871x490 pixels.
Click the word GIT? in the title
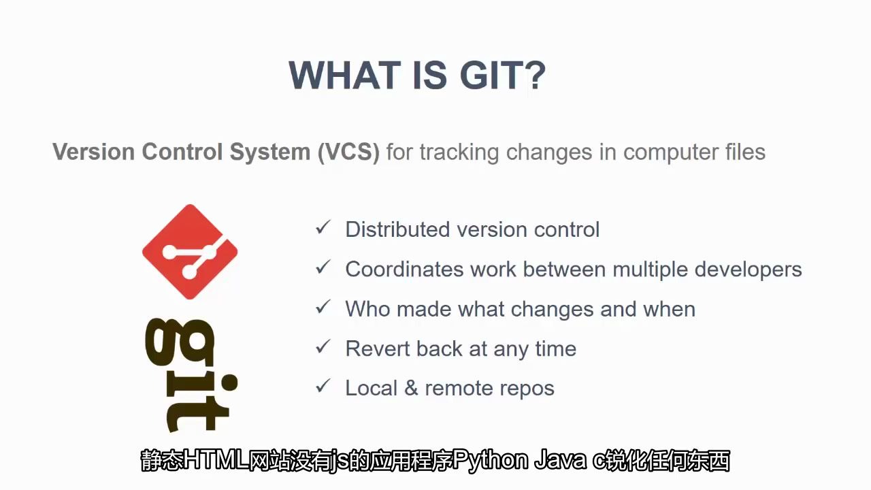[x=502, y=75]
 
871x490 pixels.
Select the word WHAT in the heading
[x=344, y=75]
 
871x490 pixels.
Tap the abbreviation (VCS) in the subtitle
[x=348, y=151]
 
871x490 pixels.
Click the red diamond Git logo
[x=190, y=252]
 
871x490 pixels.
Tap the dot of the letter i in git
[x=229, y=382]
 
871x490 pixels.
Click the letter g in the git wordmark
[x=179, y=342]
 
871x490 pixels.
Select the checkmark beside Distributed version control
[x=323, y=227]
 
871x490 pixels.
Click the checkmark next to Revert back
[x=323, y=346]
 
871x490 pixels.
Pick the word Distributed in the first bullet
[x=397, y=229]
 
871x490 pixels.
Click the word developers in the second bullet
[x=748, y=269]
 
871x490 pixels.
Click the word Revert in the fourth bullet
[x=378, y=348]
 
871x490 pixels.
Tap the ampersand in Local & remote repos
[x=411, y=388]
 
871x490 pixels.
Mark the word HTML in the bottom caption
[x=216, y=460]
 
